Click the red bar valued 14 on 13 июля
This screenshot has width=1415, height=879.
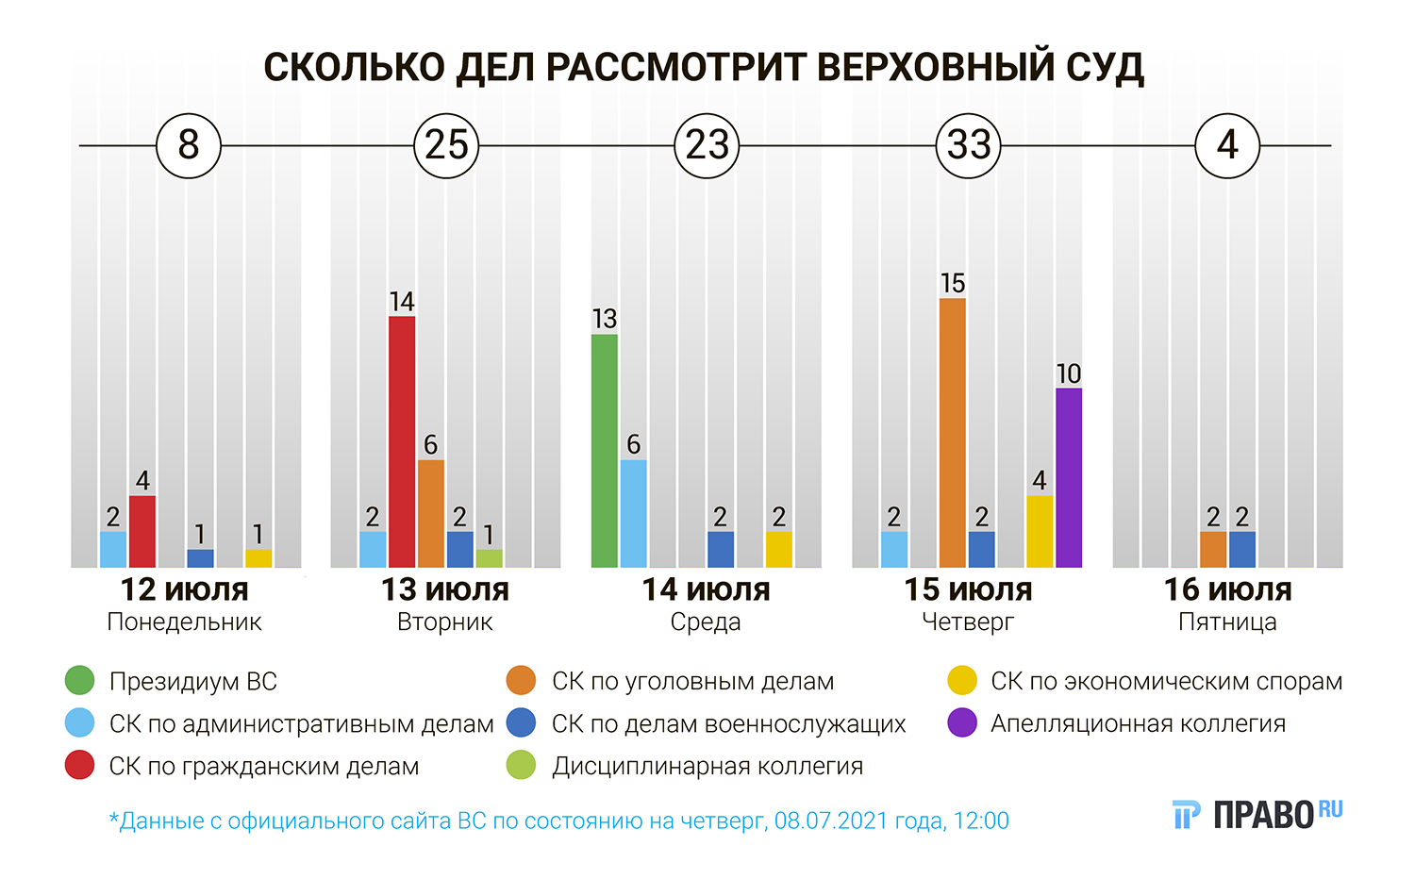(402, 441)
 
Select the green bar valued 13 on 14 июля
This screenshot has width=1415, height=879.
(605, 451)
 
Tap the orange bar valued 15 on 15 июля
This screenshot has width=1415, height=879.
(953, 433)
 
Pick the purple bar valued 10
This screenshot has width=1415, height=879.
(1069, 477)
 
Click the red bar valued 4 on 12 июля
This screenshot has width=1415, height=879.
(142, 531)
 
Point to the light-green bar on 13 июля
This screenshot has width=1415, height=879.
(489, 558)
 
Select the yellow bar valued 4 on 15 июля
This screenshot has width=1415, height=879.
(1040, 531)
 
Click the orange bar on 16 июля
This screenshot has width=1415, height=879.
(1213, 549)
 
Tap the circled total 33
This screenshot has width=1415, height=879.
(969, 145)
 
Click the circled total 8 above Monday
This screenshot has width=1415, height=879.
(189, 145)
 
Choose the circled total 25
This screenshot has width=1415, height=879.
(446, 145)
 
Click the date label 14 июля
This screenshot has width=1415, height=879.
(706, 589)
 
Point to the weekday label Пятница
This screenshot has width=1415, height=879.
(1227, 622)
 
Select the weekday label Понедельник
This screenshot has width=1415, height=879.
(185, 622)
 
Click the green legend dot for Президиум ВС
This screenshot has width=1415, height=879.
(79, 681)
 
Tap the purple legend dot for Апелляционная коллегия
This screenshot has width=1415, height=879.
(962, 723)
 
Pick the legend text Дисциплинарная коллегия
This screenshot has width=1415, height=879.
(707, 766)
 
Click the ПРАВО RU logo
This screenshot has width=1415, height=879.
(1257, 813)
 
